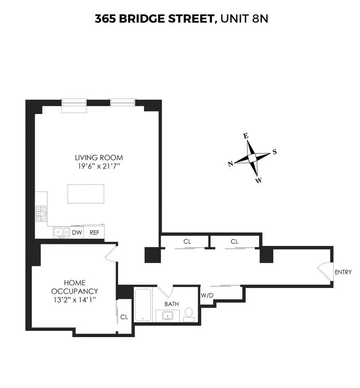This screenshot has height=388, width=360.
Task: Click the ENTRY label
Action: coord(343,272)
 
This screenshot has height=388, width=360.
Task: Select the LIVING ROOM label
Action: coord(99,158)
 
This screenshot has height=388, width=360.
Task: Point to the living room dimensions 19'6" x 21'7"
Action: coord(99,166)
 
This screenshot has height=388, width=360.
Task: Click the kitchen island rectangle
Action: coord(86,194)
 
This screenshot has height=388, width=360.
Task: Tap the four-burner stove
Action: coord(41,214)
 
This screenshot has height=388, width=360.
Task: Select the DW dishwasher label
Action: coord(76,233)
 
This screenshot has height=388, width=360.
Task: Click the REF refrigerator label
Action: coord(94,233)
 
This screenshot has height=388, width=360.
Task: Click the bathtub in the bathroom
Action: coord(142,307)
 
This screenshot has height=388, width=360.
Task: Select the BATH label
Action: coord(172,304)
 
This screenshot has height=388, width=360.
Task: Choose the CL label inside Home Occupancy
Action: coord(124,316)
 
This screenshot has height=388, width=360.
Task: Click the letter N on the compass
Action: coord(230,163)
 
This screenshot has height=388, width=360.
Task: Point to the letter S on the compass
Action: coord(274,152)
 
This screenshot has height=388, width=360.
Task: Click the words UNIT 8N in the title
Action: coord(244,19)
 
